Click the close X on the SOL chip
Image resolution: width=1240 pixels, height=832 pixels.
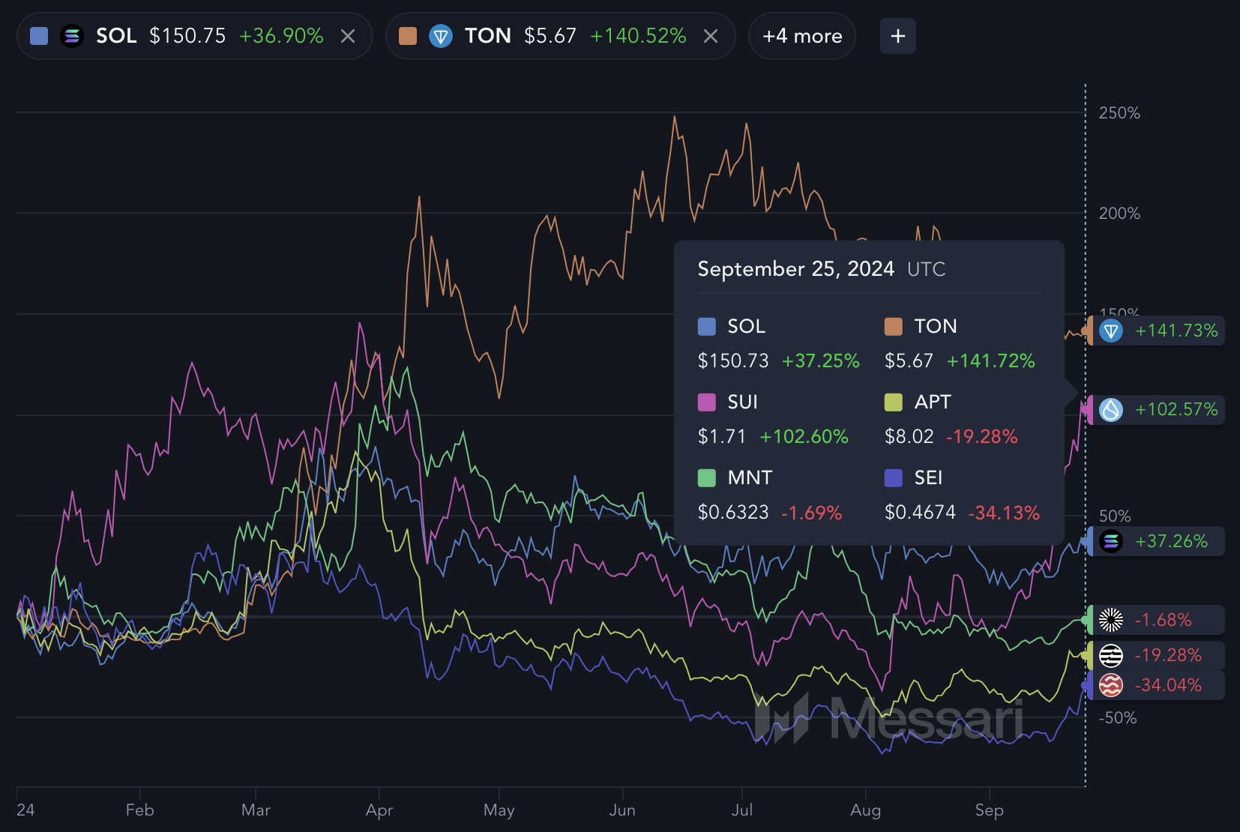[348, 36]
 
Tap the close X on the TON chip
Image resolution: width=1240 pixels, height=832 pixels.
[711, 36]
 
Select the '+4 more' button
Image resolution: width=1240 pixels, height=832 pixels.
[802, 36]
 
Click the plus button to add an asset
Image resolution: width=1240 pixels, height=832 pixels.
[897, 36]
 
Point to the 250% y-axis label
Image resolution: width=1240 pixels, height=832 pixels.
[1119, 113]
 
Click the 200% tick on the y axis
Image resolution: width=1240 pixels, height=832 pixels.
[1119, 214]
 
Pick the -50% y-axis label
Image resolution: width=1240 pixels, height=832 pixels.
[1117, 718]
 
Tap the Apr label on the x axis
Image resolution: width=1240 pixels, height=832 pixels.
[379, 810]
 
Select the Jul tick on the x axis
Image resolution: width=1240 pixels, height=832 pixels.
[742, 810]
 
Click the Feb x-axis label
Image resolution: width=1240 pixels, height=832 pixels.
[140, 810]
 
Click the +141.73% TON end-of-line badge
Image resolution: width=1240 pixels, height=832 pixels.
[1158, 331]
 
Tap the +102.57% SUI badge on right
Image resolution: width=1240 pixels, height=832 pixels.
[1158, 410]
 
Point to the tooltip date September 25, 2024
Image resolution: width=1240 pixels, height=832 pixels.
[795, 269]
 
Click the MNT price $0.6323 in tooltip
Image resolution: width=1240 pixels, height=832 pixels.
[733, 513]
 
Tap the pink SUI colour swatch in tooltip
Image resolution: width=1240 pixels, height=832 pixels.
[706, 403]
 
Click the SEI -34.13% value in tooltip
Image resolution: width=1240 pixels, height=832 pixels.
[1004, 513]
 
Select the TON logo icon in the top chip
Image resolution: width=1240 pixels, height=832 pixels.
[441, 36]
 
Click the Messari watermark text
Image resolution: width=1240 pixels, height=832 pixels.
[926, 720]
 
